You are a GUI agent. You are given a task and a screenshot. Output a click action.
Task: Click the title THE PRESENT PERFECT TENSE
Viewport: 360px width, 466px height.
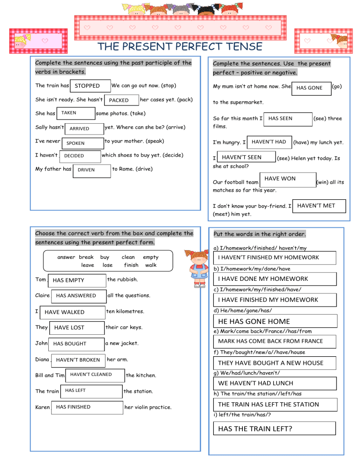[180, 47]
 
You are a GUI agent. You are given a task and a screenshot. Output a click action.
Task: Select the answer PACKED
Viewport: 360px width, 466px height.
[121, 100]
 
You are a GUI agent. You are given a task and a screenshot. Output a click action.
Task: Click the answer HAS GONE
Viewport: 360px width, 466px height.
[310, 88]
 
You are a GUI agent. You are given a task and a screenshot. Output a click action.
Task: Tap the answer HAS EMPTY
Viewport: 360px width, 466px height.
[77, 280]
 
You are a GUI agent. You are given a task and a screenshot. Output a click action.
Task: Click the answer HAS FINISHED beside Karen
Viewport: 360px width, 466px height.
[87, 407]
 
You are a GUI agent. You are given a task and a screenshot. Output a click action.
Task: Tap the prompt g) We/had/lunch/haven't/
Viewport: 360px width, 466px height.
[247, 373]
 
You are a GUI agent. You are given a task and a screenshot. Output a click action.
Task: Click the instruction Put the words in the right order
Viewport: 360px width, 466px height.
[260, 234]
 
